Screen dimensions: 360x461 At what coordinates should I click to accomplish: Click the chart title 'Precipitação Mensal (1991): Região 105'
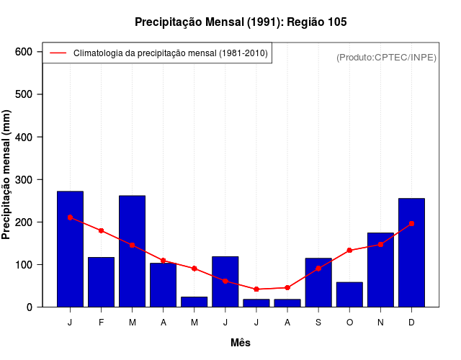241,22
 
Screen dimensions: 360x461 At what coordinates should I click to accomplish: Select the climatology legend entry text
171,53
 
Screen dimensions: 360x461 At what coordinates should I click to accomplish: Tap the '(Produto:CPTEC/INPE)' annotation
386,58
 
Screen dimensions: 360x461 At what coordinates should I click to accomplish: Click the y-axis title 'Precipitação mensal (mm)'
7,174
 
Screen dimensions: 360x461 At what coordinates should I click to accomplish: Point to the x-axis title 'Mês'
241,343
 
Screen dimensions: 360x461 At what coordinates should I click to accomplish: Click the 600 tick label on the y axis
24,52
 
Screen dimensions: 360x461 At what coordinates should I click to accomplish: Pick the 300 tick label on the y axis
24,179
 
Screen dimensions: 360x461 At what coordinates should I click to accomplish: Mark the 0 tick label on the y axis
30,307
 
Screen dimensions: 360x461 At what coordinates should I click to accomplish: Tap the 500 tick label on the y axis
24,94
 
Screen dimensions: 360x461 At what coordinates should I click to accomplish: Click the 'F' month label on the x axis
102,323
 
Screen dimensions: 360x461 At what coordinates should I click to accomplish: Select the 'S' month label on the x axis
318,323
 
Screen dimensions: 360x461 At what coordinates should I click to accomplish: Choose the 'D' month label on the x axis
411,323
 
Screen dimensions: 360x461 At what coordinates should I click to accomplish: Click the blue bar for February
102,282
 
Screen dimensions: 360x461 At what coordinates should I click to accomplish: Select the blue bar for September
318,282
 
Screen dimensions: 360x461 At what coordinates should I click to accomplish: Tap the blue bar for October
349,294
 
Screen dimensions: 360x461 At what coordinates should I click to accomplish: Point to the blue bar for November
380,270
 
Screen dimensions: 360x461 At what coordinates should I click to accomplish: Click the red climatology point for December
411,224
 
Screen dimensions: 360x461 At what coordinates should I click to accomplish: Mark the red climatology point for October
349,251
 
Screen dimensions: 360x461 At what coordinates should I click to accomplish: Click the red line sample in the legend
58,53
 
